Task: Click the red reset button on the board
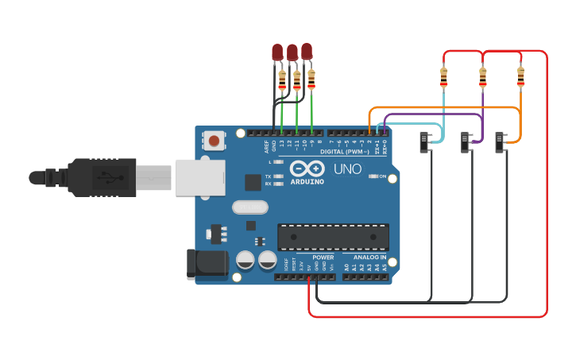(214, 141)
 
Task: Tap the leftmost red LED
(277, 52)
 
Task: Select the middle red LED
(292, 52)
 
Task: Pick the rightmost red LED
(307, 51)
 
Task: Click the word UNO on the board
(346, 169)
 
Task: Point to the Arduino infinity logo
(307, 168)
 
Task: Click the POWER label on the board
(323, 257)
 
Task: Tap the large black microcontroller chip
(333, 237)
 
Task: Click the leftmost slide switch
(425, 142)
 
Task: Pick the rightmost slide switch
(501, 142)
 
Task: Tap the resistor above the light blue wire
(443, 77)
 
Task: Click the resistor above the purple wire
(482, 77)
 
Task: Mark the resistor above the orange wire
(520, 76)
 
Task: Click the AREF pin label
(266, 145)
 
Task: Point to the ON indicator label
(382, 176)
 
